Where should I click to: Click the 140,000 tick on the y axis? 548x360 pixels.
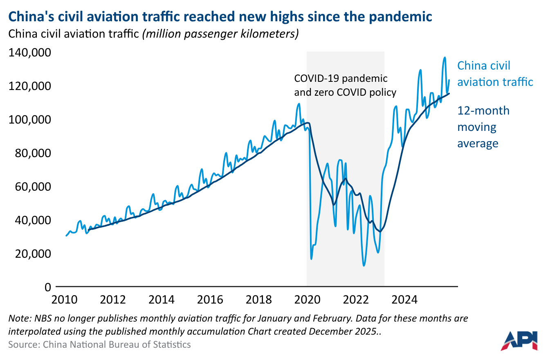point(29,53)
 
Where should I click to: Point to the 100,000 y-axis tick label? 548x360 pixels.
point(29,120)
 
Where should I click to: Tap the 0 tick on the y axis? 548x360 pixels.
point(47,287)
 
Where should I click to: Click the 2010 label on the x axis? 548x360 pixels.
point(64,299)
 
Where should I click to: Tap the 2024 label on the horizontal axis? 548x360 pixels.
point(404,299)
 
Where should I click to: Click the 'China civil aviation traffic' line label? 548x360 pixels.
point(495,74)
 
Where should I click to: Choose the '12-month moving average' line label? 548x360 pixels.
point(483,127)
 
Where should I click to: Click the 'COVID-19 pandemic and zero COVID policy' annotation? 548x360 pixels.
point(345,85)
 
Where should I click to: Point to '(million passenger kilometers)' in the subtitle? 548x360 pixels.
point(220,34)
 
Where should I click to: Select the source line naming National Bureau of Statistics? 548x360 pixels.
point(99,344)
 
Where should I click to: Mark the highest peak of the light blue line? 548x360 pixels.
point(445,58)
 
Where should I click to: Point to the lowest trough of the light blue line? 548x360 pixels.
point(364,266)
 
